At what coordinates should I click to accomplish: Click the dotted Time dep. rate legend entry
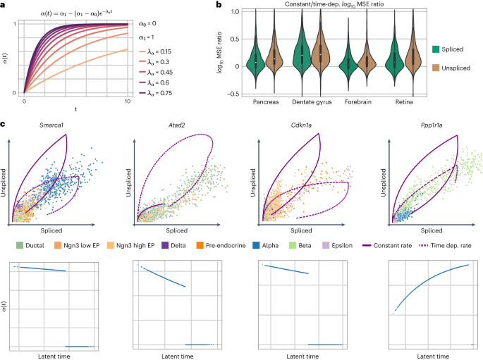[451, 246]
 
